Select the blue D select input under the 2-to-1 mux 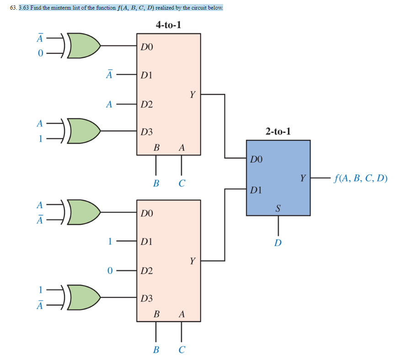tap(278, 242)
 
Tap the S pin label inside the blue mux tap(278, 209)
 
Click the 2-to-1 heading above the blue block tap(278, 132)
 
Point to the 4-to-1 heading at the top tap(168, 25)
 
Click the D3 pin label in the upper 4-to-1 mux tap(147, 132)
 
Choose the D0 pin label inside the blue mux tap(256, 160)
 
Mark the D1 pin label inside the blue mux tap(256, 189)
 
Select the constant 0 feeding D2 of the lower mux tap(109, 271)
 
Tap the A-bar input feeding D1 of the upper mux tap(109, 75)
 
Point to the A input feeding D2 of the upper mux tap(109, 104)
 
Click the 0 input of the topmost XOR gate tap(40, 54)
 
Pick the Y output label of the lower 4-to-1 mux tap(192, 261)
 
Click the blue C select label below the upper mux tap(182, 184)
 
